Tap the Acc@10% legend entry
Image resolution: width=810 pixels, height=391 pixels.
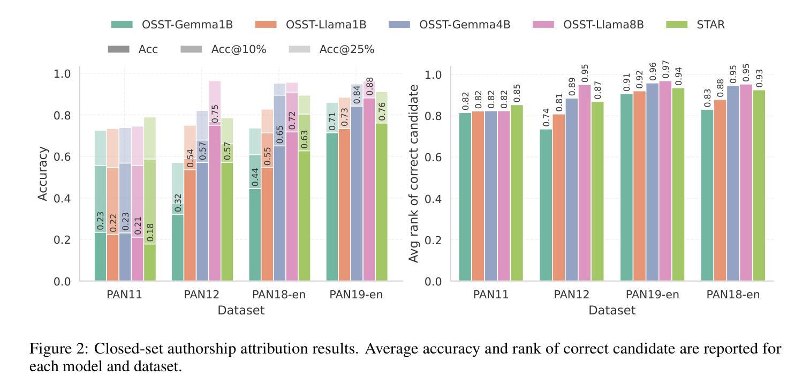coord(238,49)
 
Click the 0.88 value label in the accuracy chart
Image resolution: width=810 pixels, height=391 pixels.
coord(369,87)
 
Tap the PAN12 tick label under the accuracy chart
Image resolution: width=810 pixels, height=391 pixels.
coord(202,295)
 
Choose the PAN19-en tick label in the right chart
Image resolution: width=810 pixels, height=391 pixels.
coord(652,295)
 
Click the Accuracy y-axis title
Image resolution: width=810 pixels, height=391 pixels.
coord(43,174)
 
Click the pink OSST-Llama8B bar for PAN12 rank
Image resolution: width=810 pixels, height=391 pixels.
coord(585,182)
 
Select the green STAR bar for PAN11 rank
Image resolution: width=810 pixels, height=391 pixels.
coord(517,193)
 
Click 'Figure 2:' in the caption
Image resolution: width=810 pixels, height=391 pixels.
coord(59,349)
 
